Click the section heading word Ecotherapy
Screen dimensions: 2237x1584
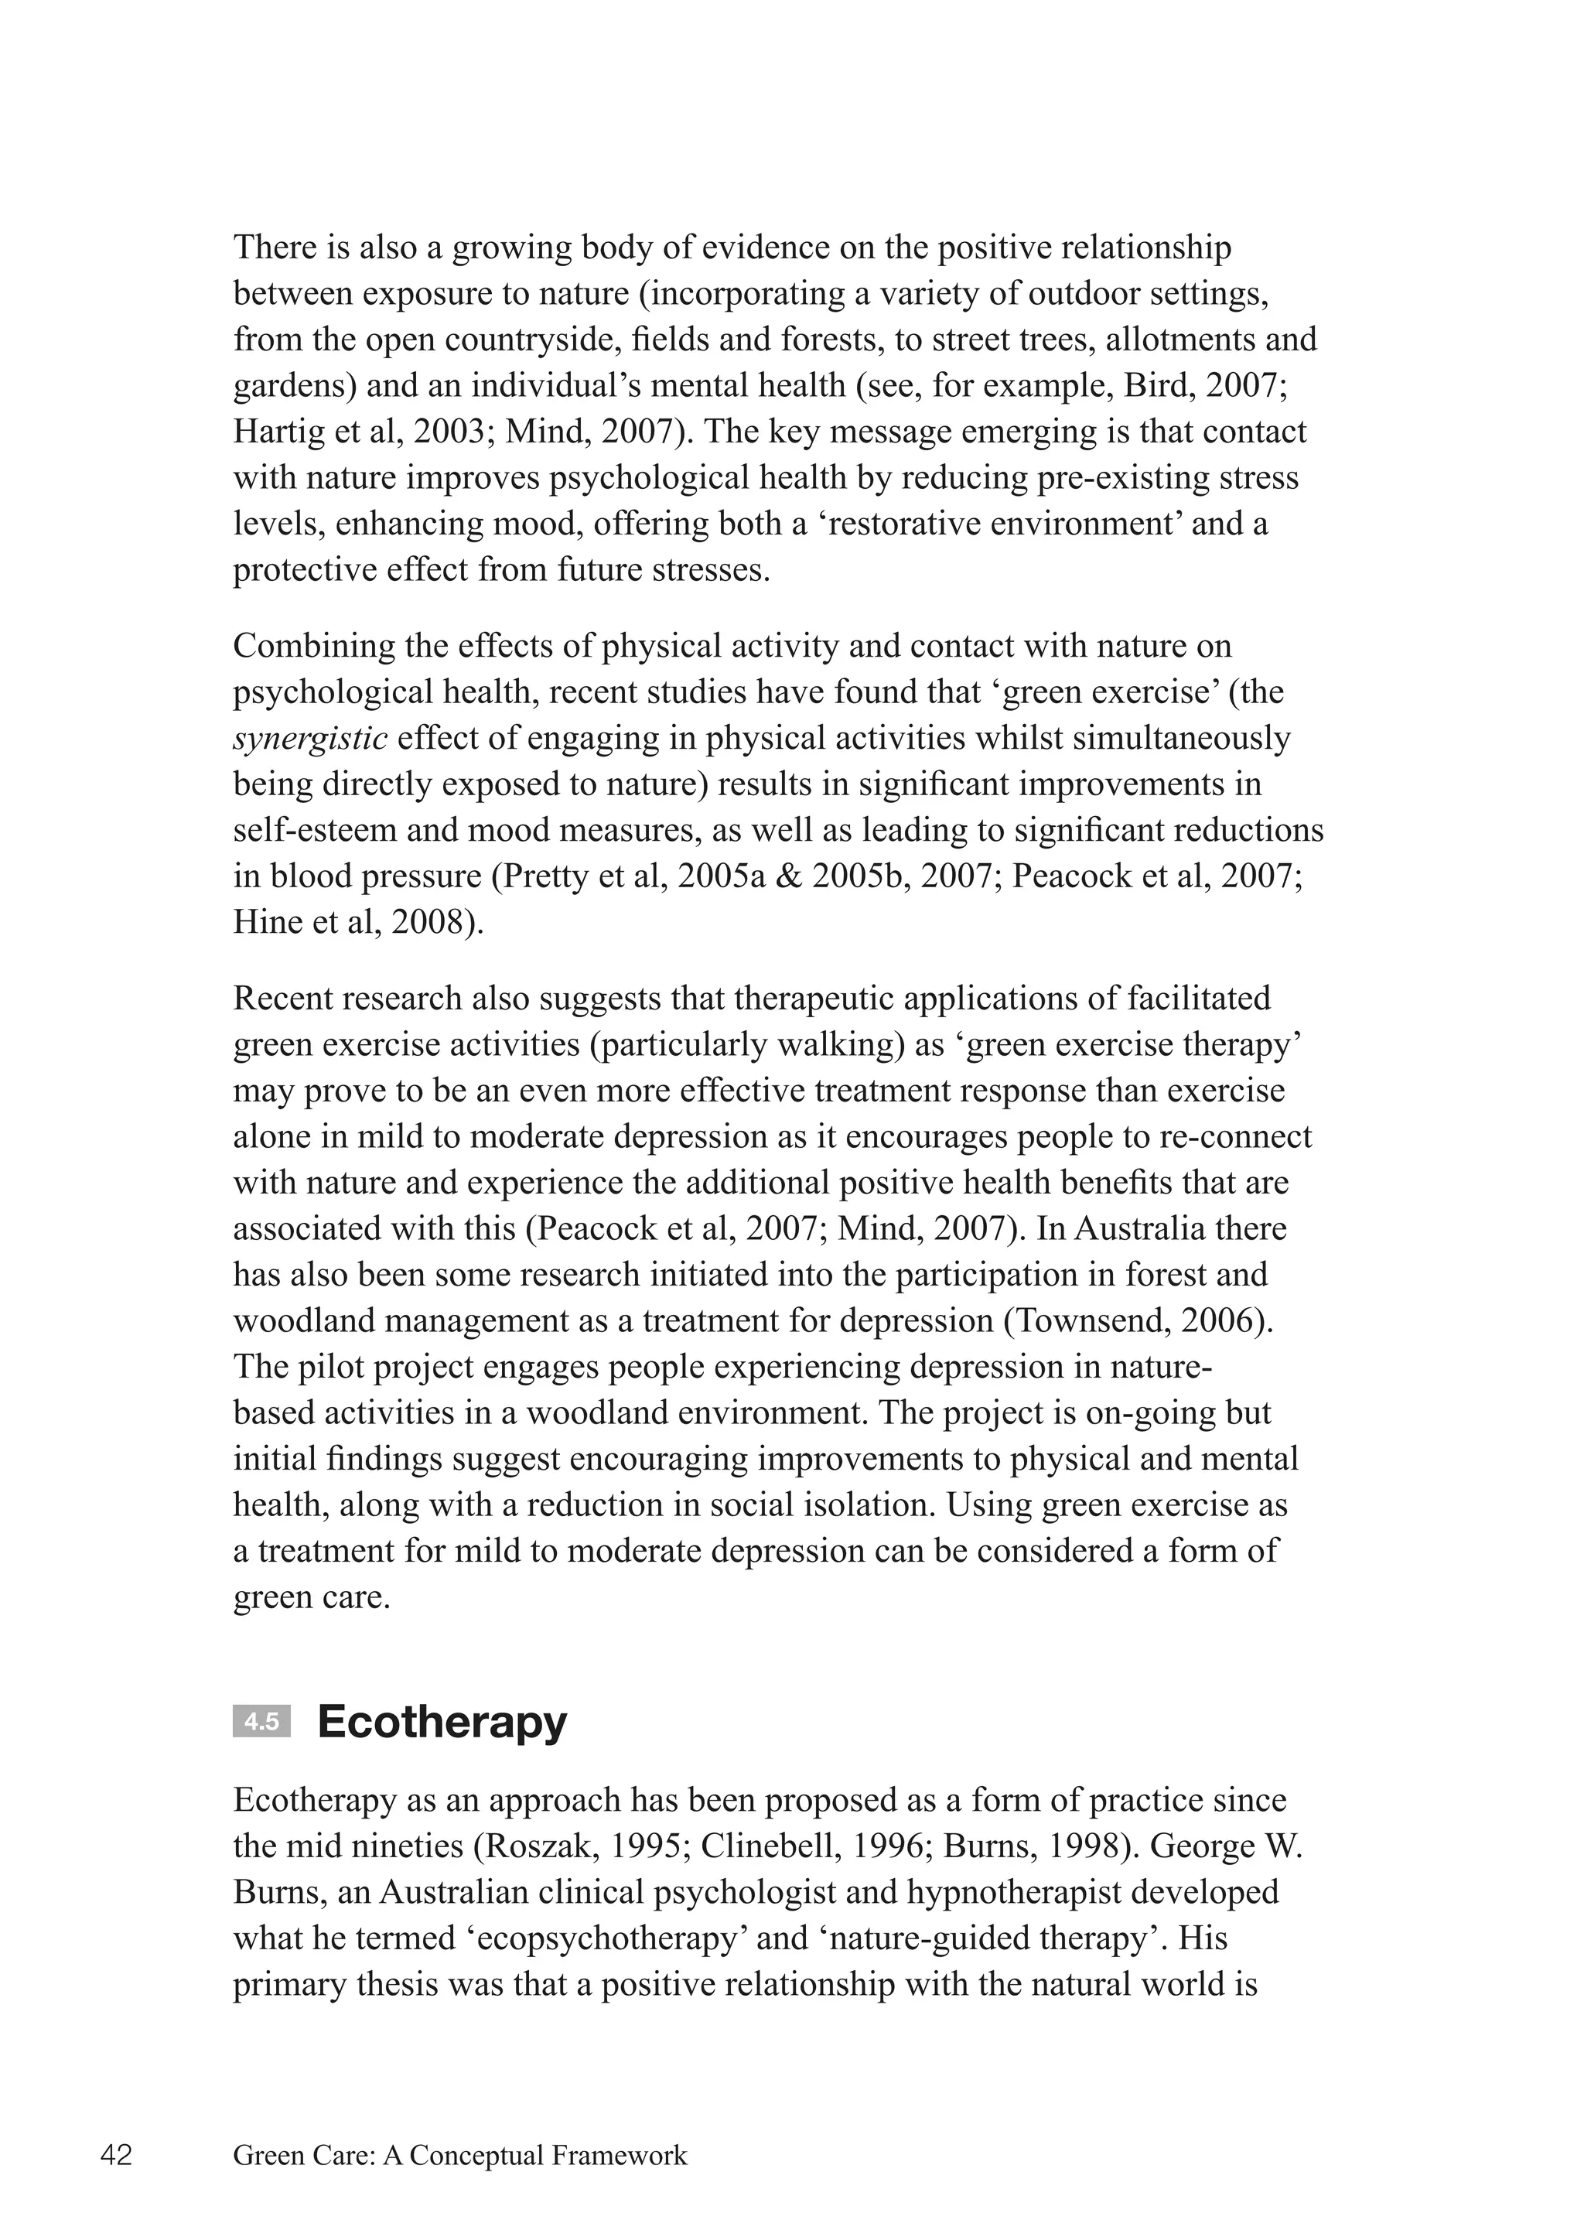click(x=442, y=1722)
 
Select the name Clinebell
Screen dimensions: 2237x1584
click(x=767, y=1847)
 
